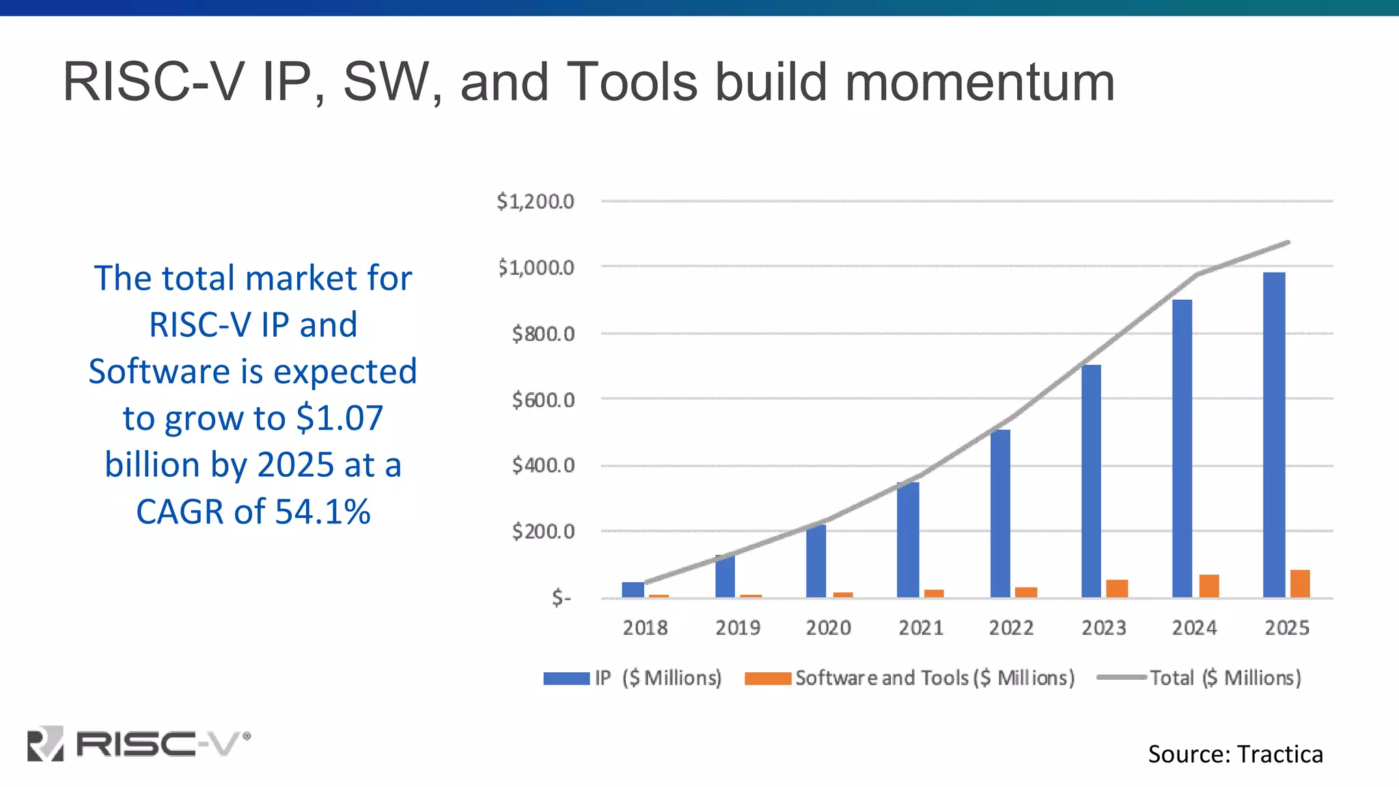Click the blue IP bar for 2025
(1274, 434)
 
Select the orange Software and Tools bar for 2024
(1209, 586)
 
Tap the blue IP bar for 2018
(633, 590)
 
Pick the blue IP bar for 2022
(1000, 513)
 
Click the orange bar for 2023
(1117, 588)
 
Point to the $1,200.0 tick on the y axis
(536, 202)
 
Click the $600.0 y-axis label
(543, 400)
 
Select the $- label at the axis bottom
(561, 598)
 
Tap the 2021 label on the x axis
(920, 628)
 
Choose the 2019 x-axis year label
(738, 628)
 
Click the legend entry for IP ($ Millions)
(633, 678)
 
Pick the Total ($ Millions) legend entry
(1200, 678)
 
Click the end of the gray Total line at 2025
(1288, 243)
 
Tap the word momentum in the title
(980, 82)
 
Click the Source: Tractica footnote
(1235, 754)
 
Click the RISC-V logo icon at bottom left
(45, 743)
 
